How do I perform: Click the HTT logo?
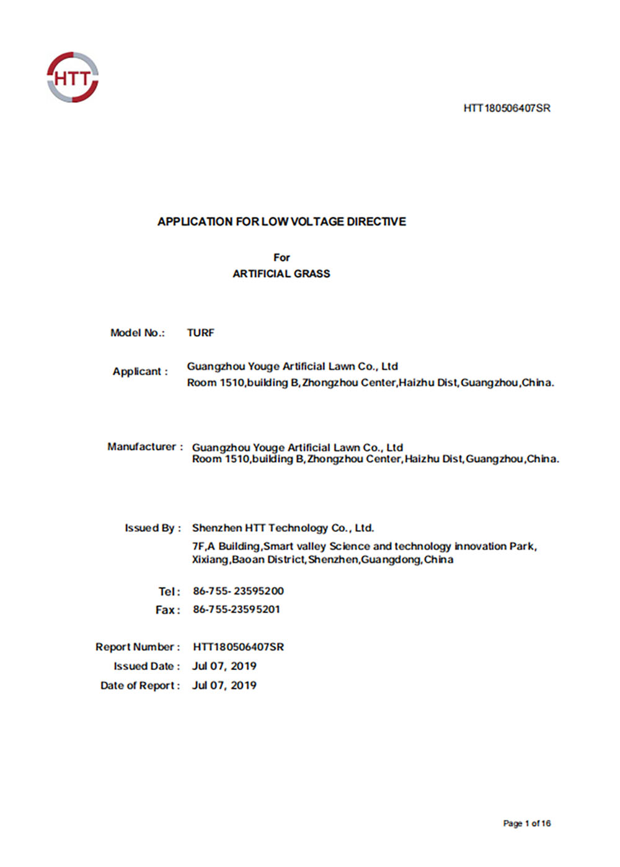tap(73, 77)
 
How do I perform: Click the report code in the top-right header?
tap(507, 108)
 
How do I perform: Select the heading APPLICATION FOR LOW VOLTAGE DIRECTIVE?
tap(281, 222)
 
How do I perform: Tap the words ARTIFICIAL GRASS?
tap(281, 274)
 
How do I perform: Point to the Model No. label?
tap(138, 333)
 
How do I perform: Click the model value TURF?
tap(201, 333)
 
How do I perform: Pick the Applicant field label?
tap(140, 372)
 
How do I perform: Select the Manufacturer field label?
tap(145, 447)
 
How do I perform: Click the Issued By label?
tap(153, 528)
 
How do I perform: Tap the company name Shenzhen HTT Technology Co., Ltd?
tap(283, 528)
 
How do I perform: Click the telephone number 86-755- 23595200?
tap(238, 591)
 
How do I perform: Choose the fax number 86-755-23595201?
tap(236, 609)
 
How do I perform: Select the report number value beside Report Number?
tap(238, 647)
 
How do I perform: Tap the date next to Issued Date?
tap(224, 666)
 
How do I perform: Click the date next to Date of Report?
tap(224, 686)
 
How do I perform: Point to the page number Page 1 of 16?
tap(526, 823)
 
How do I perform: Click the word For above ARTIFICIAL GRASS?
tap(281, 258)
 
